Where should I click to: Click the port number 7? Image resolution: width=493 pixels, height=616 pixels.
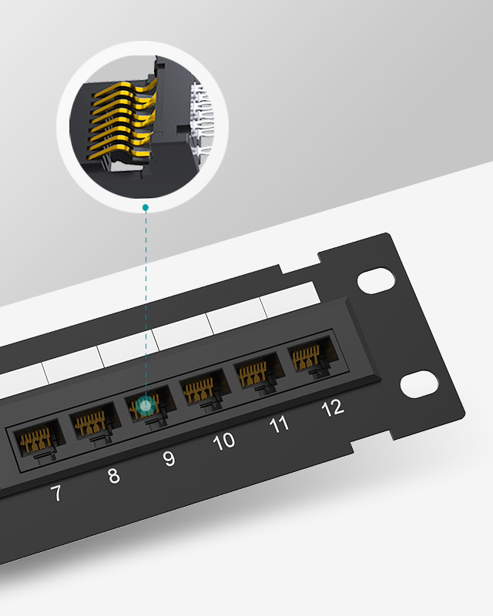pos(56,493)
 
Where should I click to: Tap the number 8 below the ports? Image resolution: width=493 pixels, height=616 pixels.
pos(113,475)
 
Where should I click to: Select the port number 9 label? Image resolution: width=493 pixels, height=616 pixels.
pos(169,458)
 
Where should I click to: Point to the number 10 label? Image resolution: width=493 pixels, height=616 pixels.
pos(223,440)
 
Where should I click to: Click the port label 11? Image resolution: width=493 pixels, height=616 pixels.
pos(279,425)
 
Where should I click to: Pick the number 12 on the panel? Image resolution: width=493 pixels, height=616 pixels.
pos(333,408)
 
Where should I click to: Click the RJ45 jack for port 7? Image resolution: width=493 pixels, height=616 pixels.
pos(39,440)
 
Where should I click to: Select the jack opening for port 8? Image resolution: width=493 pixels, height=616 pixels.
pos(94,422)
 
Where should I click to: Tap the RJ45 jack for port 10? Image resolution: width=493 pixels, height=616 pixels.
pos(204,390)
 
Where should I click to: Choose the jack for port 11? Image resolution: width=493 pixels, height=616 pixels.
pos(259,373)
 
